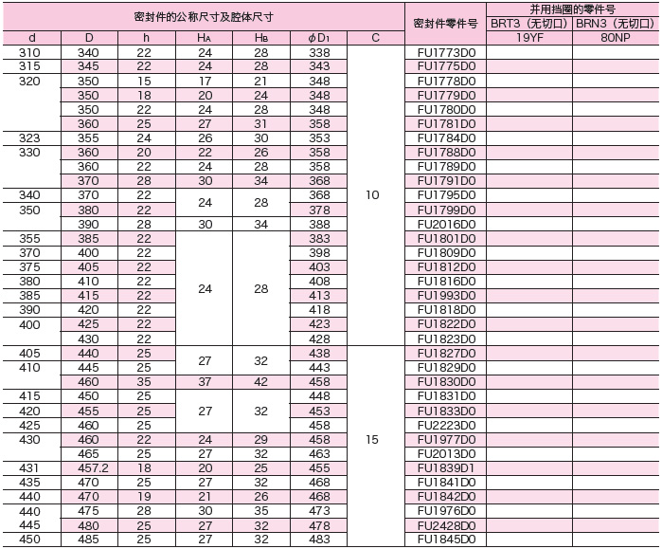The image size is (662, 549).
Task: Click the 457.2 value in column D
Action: [87, 467]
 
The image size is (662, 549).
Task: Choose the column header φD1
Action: [319, 38]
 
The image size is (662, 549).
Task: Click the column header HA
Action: [205, 38]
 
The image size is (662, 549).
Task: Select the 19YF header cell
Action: [528, 38]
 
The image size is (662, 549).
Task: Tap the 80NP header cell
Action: [616, 38]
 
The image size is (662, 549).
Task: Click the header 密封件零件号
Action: [446, 23]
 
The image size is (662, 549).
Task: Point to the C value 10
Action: [372, 194]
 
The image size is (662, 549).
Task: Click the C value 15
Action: [372, 439]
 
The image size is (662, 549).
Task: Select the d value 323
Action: [29, 138]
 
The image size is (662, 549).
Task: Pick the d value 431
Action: [29, 467]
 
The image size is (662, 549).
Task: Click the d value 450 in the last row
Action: [29, 540]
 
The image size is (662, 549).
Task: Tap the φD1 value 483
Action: [319, 540]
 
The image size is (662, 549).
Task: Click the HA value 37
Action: [205, 382]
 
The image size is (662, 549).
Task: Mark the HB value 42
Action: [260, 382]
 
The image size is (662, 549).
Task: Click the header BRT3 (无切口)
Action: [528, 23]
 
